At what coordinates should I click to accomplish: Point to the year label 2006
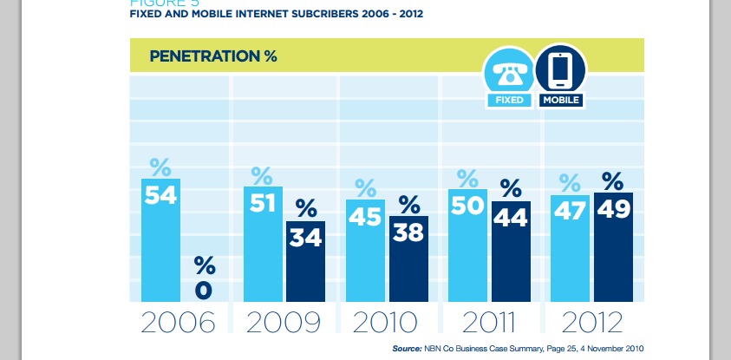click(x=178, y=324)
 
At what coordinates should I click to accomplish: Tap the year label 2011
click(x=490, y=324)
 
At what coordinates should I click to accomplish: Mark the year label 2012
click(x=592, y=324)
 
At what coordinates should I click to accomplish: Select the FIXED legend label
click(x=509, y=101)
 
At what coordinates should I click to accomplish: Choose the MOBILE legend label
click(x=561, y=101)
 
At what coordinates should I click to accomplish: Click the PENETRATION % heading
click(x=213, y=56)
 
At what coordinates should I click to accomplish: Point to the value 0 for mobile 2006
click(x=204, y=289)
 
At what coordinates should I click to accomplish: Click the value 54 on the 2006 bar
click(x=160, y=195)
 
